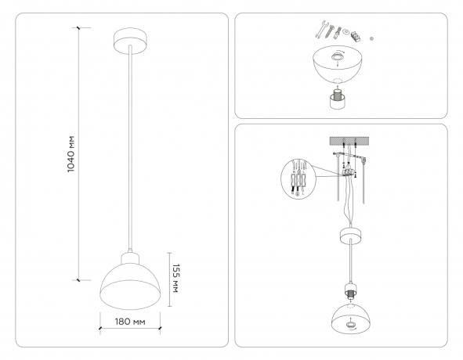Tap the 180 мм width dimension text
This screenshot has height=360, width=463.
pyautogui.click(x=130, y=322)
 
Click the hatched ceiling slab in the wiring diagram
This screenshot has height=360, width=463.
pyautogui.click(x=345, y=142)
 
